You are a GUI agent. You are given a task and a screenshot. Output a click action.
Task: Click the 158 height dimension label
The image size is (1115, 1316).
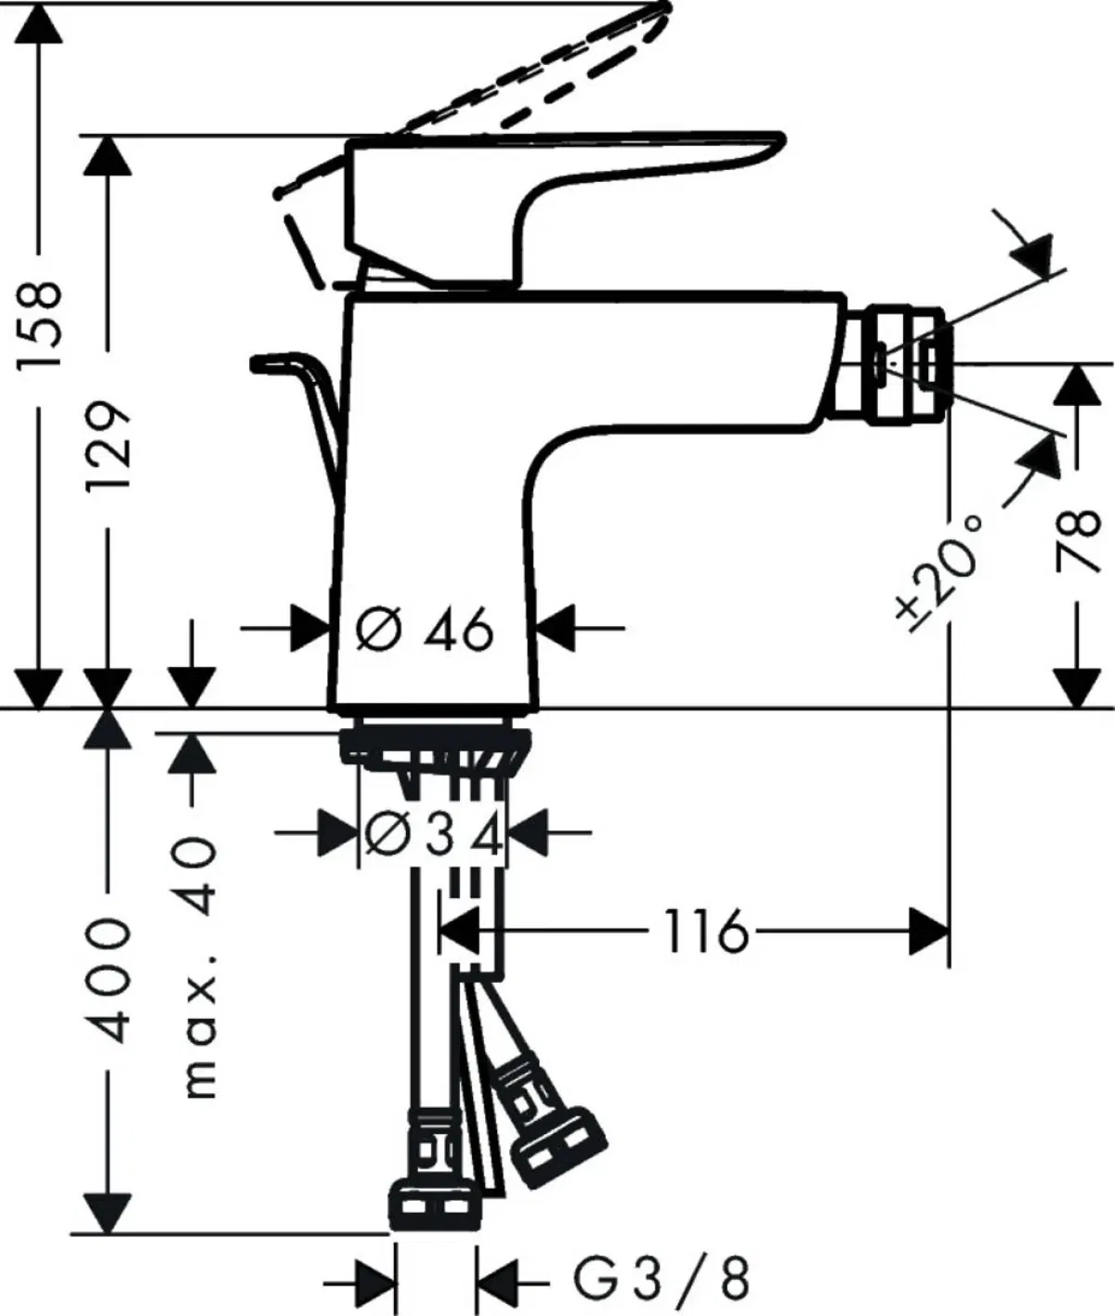42,322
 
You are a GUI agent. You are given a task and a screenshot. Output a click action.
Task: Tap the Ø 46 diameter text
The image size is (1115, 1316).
425,632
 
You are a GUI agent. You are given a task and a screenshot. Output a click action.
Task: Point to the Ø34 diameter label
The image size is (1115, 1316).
433,833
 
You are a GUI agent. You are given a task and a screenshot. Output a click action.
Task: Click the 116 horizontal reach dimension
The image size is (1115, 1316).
705,932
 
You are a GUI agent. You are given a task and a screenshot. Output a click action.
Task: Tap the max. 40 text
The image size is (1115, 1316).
200,966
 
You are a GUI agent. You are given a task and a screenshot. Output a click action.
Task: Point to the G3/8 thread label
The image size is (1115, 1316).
659,1280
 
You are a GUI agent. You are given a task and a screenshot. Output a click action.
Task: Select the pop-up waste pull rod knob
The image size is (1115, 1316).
269,362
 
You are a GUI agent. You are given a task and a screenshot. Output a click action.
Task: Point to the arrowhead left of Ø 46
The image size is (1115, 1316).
311,629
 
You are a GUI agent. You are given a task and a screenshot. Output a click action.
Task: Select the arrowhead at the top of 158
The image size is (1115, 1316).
42,23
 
